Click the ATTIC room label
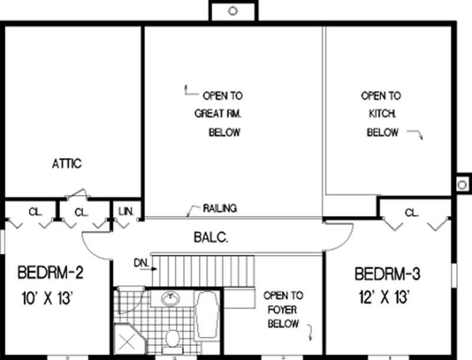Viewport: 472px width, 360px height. (66, 163)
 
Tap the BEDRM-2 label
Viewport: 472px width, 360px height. (51, 273)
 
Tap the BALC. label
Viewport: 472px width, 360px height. (211, 238)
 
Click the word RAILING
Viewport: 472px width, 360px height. (219, 208)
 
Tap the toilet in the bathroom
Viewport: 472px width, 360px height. (172, 338)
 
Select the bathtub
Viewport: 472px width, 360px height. (207, 319)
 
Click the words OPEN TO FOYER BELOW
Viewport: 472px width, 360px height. (283, 310)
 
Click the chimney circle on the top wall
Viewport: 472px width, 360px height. (232, 10)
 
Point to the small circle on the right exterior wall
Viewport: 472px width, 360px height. (462, 185)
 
